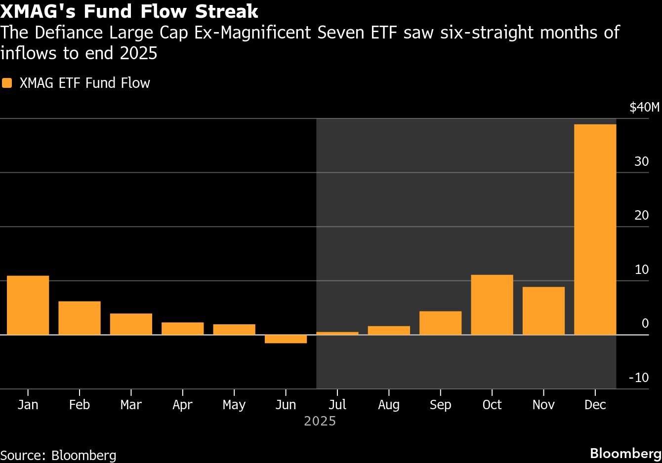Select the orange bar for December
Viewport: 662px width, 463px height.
[595, 230]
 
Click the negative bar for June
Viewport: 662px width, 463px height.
[286, 339]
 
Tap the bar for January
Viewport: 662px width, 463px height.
[28, 305]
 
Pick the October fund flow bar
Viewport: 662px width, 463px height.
[492, 305]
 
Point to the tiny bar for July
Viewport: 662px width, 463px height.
[337, 333]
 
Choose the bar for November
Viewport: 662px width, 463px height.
[543, 310]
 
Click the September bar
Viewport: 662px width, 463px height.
[440, 323]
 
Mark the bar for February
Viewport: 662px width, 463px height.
[80, 318]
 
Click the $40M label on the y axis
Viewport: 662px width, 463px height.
[645, 107]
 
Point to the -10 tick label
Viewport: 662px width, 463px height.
[639, 378]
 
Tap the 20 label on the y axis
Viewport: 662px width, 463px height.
[642, 215]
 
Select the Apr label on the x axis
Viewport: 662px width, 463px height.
[183, 405]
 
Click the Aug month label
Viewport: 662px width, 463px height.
[389, 405]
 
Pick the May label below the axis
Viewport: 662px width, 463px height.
[234, 405]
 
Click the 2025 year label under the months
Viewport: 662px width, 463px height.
[320, 421]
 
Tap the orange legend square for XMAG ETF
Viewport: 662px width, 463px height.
[7, 83]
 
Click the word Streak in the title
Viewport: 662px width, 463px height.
[227, 11]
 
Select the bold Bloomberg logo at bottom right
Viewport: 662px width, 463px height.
[625, 454]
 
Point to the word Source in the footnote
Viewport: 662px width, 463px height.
[23, 455]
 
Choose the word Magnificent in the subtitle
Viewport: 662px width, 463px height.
[266, 32]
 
